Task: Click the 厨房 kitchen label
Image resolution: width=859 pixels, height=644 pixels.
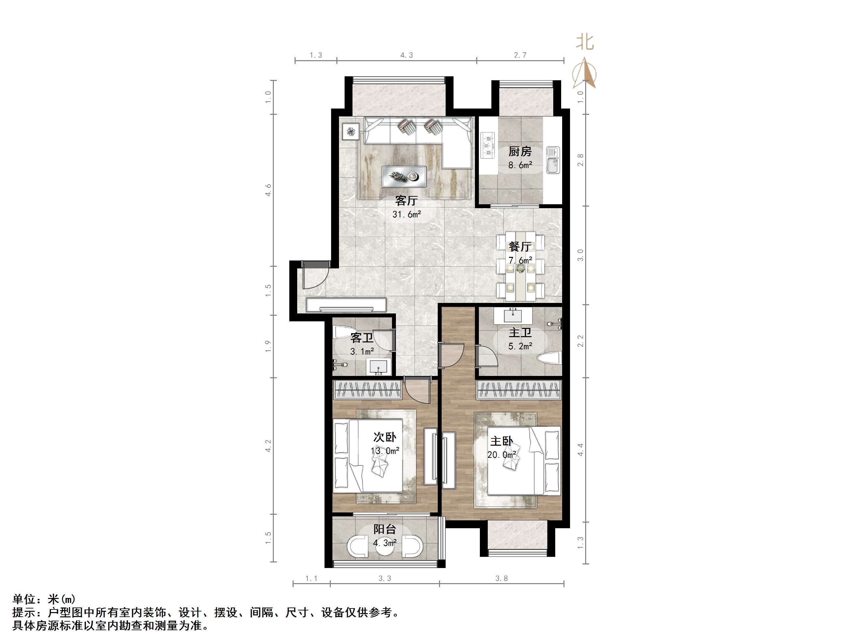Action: (520, 151)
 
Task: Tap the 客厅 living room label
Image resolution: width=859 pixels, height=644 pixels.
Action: (406, 200)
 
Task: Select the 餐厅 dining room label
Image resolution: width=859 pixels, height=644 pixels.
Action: (520, 246)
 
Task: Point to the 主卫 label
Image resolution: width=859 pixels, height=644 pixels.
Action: (520, 333)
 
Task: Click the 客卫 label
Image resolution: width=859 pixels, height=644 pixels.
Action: (362, 338)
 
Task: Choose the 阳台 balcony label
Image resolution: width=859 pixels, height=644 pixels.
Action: (385, 529)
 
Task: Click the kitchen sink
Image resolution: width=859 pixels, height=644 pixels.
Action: (553, 160)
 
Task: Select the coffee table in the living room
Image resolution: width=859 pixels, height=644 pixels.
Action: (404, 177)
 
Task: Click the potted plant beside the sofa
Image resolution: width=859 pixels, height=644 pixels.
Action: (351, 132)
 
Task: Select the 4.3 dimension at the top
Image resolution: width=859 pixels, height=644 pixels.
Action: (406, 55)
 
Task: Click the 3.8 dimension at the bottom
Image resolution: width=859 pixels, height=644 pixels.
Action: (501, 579)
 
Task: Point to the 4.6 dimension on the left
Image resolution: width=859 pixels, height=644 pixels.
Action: (268, 190)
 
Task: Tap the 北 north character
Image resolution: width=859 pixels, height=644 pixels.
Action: (585, 42)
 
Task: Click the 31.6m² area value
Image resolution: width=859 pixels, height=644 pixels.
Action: (406, 214)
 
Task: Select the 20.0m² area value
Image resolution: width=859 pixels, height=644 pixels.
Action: (502, 455)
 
